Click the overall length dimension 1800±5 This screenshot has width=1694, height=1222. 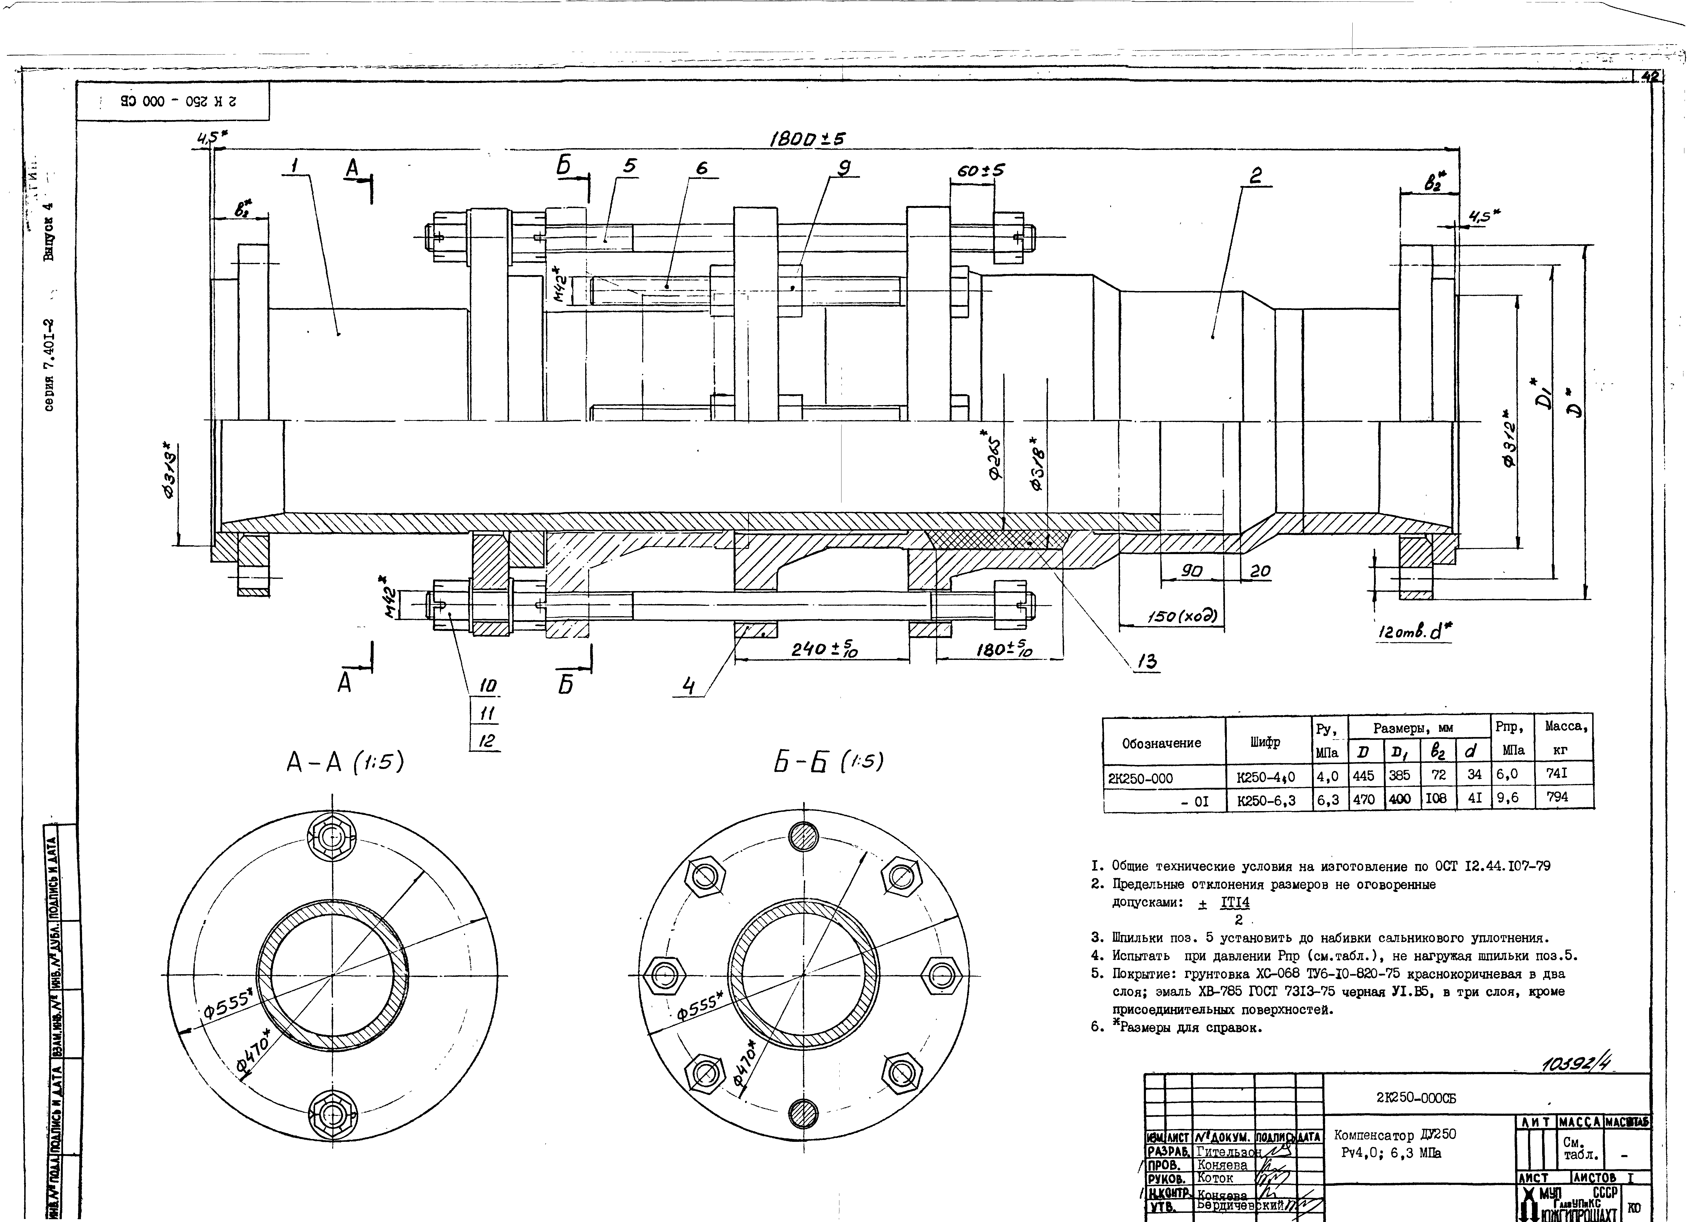(807, 139)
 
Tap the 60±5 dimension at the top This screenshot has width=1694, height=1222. (981, 171)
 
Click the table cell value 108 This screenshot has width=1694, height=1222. (1436, 798)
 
